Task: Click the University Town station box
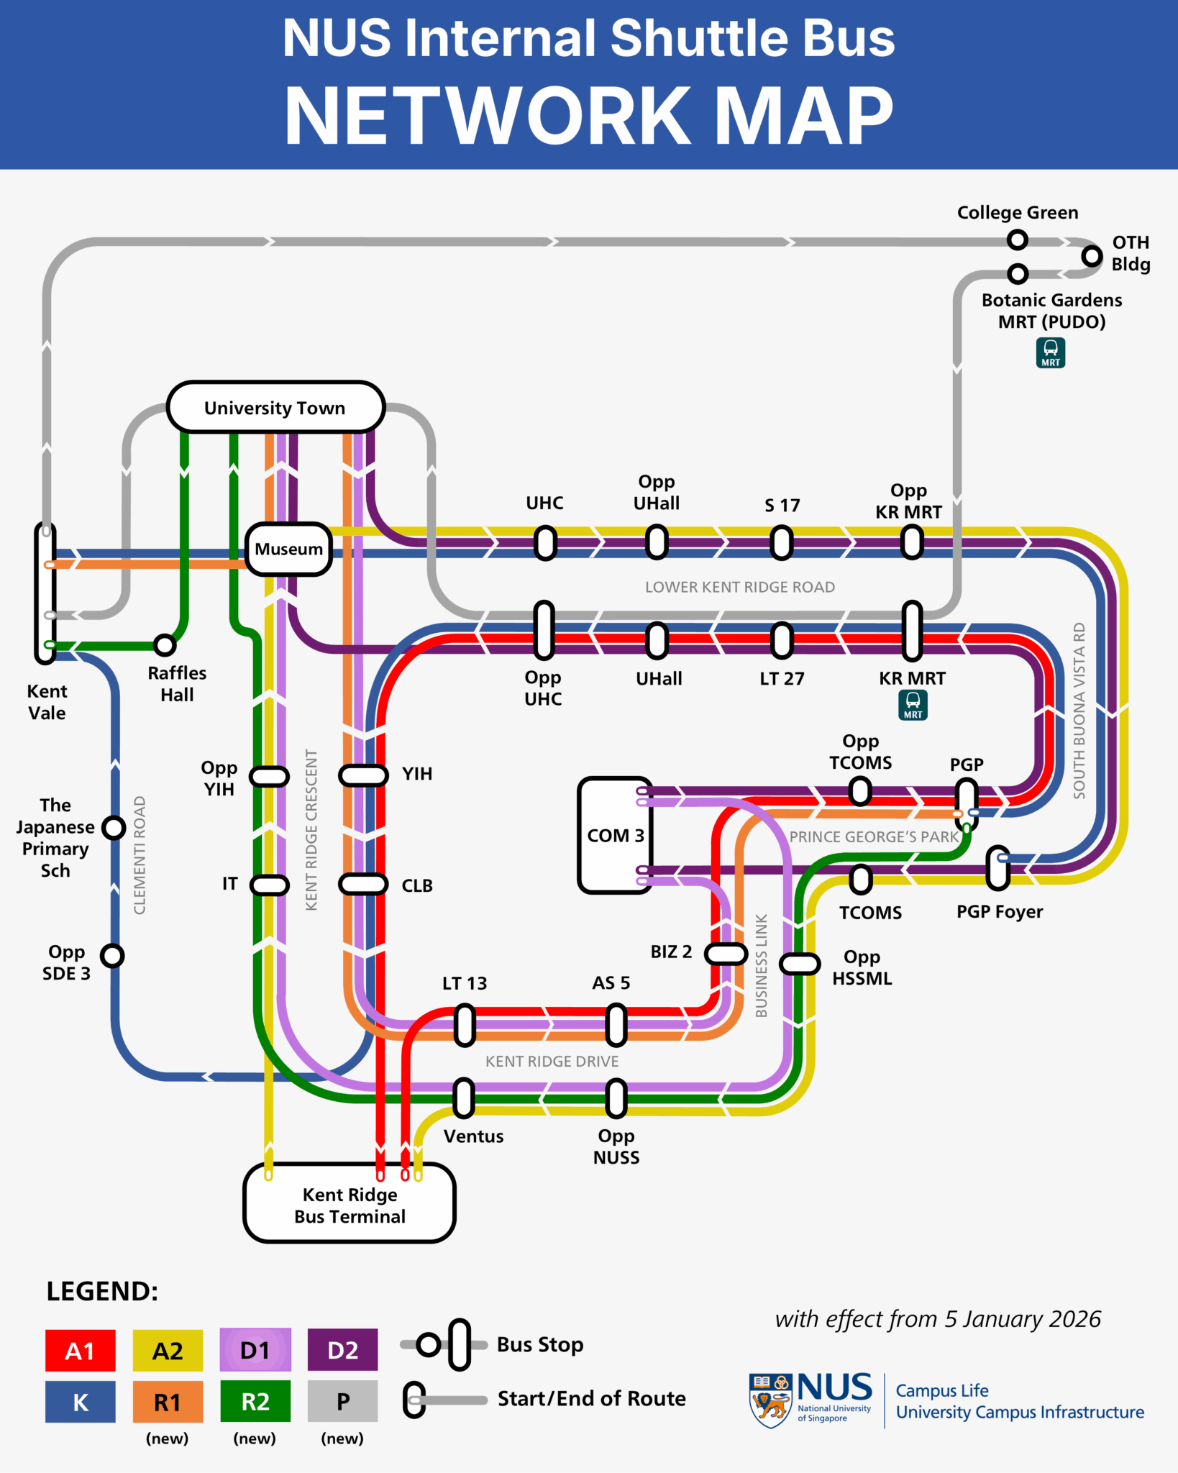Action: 275,407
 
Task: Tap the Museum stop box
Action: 288,549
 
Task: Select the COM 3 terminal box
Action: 615,835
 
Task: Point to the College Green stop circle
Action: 1017,240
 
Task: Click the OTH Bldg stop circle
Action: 1092,255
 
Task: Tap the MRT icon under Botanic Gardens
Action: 1050,352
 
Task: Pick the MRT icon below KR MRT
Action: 913,705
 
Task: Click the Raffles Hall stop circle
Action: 165,645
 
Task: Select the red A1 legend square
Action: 80,1350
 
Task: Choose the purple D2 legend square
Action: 342,1350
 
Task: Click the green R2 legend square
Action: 255,1401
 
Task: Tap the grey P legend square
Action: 342,1401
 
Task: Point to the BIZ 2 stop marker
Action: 726,954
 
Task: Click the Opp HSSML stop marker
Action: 800,964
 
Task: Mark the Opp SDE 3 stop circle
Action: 112,956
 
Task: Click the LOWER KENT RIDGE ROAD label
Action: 739,587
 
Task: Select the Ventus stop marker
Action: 465,1098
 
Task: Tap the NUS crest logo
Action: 770,1400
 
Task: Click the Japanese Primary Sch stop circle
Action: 114,828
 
